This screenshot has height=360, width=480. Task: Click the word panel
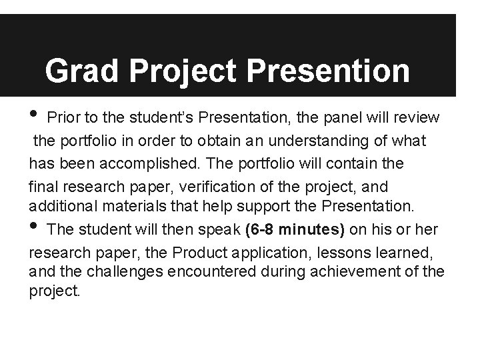[x=343, y=118]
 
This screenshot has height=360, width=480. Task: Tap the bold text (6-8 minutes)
[x=295, y=230]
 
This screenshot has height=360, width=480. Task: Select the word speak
[x=221, y=230]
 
